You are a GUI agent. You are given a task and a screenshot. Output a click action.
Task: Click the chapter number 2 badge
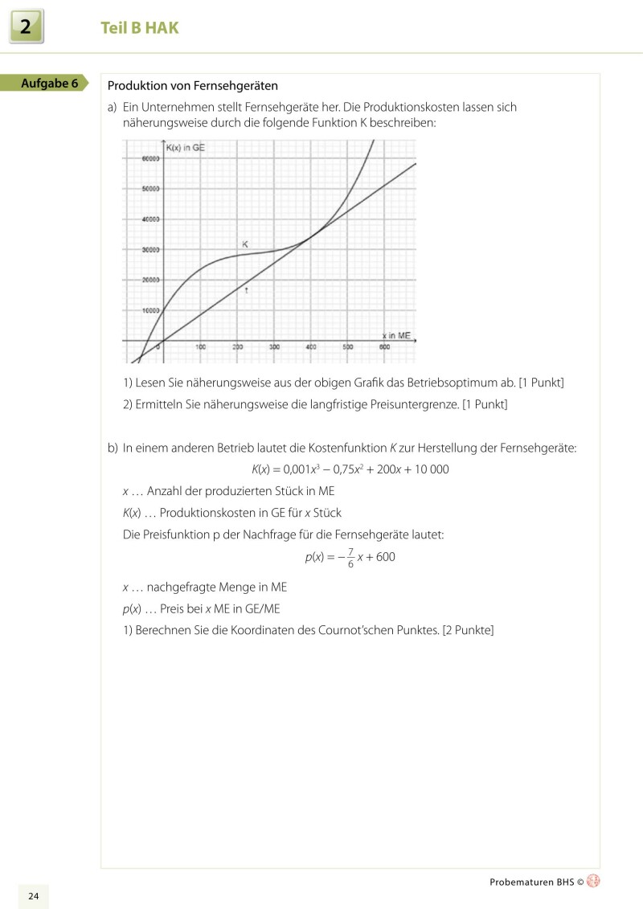pos(27,28)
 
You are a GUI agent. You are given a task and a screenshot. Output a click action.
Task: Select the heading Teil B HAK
pos(140,28)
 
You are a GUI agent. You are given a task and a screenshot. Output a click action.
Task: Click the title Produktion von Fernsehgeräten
pos(192,85)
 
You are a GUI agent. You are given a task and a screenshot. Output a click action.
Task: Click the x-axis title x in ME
pos(395,334)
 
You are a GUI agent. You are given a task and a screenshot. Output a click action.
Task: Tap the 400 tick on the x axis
pos(310,347)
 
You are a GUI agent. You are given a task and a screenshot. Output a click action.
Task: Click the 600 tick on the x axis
pos(384,347)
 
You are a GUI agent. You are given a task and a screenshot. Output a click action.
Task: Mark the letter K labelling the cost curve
pos(245,243)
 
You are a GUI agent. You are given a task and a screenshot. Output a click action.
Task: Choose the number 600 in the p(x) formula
pos(385,557)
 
